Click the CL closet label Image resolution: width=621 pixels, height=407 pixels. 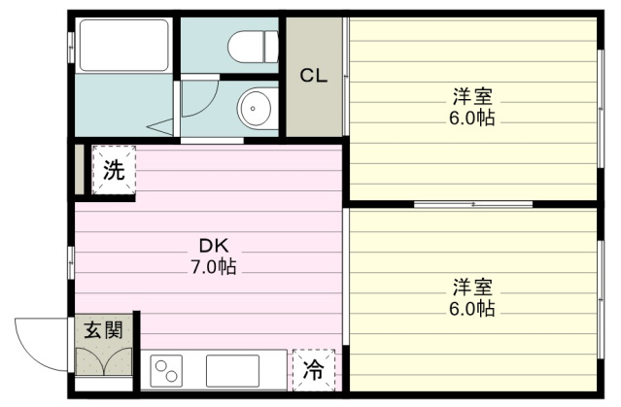pyautogui.click(x=314, y=75)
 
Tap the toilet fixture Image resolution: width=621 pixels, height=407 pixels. pyautogui.click(x=253, y=47)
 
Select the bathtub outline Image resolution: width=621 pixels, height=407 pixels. pyautogui.click(x=124, y=45)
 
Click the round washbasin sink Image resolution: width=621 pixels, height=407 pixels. pyautogui.click(x=254, y=108)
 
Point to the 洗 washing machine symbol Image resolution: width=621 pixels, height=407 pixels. pyautogui.click(x=114, y=170)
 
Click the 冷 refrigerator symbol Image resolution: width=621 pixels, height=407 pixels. pyautogui.click(x=314, y=370)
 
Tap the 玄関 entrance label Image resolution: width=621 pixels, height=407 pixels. pyautogui.click(x=104, y=330)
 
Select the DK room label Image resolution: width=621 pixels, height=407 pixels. pyautogui.click(x=214, y=246)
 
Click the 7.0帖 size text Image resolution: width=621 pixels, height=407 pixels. pyautogui.click(x=214, y=266)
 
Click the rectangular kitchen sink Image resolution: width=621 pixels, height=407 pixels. pyautogui.click(x=233, y=371)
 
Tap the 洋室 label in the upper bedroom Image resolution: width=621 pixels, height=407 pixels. pyautogui.click(x=472, y=96)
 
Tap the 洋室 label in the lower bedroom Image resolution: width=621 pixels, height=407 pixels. pyautogui.click(x=472, y=288)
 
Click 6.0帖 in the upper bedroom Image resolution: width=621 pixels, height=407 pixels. pyautogui.click(x=471, y=118)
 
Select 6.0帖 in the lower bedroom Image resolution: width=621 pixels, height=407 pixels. pyautogui.click(x=471, y=309)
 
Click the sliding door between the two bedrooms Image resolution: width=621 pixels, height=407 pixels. pyautogui.click(x=473, y=204)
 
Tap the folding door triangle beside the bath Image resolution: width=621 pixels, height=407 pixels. pyautogui.click(x=160, y=127)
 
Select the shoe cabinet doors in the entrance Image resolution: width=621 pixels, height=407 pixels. pyautogui.click(x=104, y=361)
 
